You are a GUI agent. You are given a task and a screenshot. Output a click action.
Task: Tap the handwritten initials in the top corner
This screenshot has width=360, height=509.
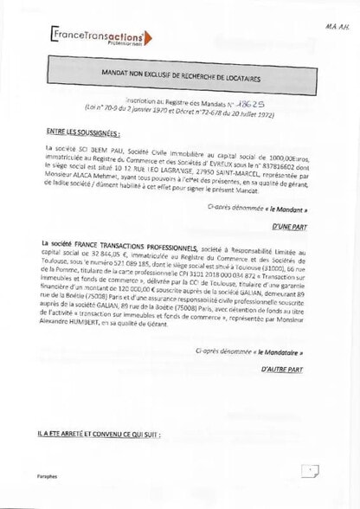click(x=338, y=27)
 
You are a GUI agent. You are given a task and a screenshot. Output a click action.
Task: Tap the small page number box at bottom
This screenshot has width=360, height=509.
click(x=310, y=471)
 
